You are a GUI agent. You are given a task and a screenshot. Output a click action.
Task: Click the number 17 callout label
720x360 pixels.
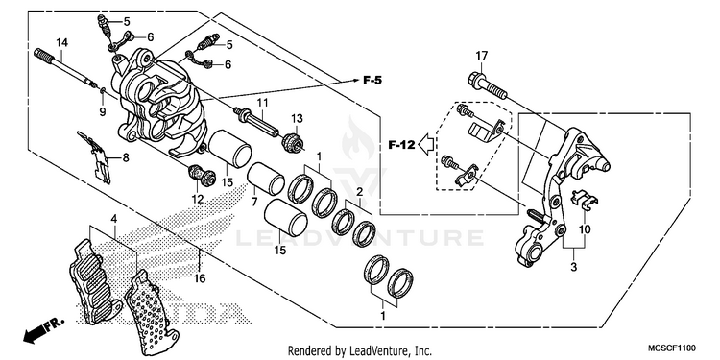pyautogui.click(x=481, y=56)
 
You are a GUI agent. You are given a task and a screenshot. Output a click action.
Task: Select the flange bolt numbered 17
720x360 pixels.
pyautogui.click(x=488, y=86)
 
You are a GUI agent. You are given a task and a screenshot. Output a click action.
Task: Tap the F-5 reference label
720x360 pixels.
pyautogui.click(x=372, y=81)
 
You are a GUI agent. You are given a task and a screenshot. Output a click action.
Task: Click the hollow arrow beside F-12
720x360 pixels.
pyautogui.click(x=427, y=145)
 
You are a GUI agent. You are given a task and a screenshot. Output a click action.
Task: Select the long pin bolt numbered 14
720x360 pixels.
pyautogui.click(x=64, y=68)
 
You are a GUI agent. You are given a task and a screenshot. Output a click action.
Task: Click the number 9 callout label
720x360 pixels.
pyautogui.click(x=103, y=111)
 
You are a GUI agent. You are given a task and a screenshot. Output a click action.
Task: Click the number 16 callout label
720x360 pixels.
pyautogui.click(x=200, y=278)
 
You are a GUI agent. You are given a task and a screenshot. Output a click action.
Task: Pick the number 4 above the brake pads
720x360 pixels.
pyautogui.click(x=113, y=219)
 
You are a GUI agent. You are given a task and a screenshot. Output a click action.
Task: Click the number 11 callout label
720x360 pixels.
pyautogui.click(x=262, y=102)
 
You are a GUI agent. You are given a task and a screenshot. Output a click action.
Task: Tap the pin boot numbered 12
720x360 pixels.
pyautogui.click(x=202, y=175)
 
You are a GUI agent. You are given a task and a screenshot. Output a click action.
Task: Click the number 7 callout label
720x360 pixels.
pyautogui.click(x=254, y=201)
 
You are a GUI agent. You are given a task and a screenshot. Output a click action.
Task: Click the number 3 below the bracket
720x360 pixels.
pyautogui.click(x=573, y=267)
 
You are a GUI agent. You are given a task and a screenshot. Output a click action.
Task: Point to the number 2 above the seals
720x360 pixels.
pyautogui.click(x=360, y=191)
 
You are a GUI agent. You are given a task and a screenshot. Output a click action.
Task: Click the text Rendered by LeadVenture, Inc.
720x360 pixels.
pyautogui.click(x=360, y=350)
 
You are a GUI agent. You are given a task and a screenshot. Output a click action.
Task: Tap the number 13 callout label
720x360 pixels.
pyautogui.click(x=297, y=118)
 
